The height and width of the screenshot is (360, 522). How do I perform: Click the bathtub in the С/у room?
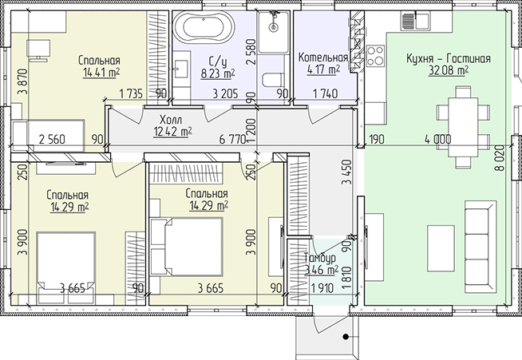(x=204, y=28)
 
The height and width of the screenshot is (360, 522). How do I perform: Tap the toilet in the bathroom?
(x=273, y=80)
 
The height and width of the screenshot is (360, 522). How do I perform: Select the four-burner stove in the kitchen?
(x=375, y=56)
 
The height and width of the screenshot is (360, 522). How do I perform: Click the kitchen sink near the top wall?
(x=415, y=22)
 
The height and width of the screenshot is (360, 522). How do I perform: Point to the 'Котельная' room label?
(x=323, y=57)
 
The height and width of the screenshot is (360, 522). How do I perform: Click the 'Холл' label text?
(x=171, y=119)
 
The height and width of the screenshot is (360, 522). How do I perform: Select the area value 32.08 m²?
(x=449, y=70)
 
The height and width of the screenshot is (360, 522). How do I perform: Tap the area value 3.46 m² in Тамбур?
(x=321, y=270)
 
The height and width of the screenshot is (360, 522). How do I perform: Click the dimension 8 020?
(x=500, y=159)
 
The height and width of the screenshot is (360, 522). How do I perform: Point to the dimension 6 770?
(x=232, y=139)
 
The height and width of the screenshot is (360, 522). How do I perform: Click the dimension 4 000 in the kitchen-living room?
(x=437, y=139)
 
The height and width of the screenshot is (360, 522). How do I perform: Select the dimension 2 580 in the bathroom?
(x=251, y=52)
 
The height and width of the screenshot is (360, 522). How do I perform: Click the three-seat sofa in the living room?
(x=480, y=247)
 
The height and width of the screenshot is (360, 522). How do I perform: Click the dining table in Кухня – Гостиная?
(x=463, y=127)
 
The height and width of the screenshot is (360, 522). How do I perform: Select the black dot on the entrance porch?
(x=346, y=337)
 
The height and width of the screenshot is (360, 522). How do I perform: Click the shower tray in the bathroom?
(x=273, y=32)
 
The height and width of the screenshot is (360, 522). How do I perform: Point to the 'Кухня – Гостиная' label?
(x=449, y=58)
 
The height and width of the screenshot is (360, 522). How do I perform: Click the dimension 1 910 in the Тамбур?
(x=322, y=288)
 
